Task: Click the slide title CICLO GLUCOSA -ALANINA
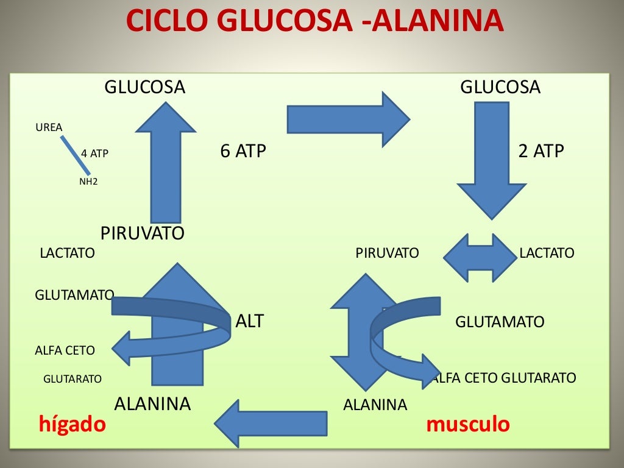(314, 23)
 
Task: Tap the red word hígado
(73, 424)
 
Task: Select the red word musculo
(468, 424)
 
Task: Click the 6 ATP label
(243, 151)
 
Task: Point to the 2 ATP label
(541, 151)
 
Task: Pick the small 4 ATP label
(94, 154)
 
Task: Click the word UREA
(49, 127)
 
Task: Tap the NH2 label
(88, 181)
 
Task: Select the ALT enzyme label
(249, 321)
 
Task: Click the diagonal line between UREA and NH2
(71, 155)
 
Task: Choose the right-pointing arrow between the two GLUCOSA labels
(347, 119)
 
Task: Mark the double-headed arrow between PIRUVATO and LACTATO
(480, 258)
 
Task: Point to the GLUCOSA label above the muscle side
(500, 87)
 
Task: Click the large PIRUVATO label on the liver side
(142, 233)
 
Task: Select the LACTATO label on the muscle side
(547, 252)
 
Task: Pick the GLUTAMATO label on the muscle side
(500, 322)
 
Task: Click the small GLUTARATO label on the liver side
(73, 379)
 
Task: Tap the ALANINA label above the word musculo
(375, 405)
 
